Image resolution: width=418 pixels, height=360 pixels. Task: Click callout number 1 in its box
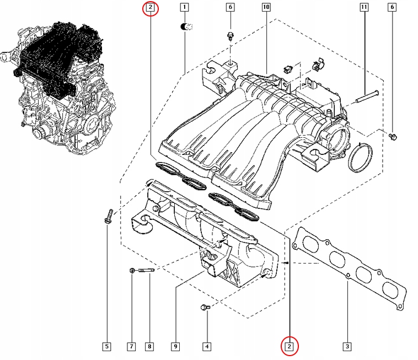pyautogui.click(x=184, y=8)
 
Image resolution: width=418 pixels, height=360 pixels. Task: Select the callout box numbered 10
pyautogui.click(x=266, y=8)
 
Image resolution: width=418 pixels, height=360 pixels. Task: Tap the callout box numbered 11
pyautogui.click(x=363, y=8)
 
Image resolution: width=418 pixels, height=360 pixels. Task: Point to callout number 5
pyautogui.click(x=107, y=347)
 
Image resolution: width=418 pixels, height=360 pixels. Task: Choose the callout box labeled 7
pyautogui.click(x=132, y=347)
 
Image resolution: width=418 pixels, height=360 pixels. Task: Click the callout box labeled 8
pyautogui.click(x=149, y=347)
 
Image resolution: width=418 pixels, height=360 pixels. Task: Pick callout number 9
pyautogui.click(x=175, y=347)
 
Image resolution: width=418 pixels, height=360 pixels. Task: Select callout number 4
pyautogui.click(x=206, y=347)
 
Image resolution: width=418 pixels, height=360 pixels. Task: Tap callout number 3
pyautogui.click(x=347, y=347)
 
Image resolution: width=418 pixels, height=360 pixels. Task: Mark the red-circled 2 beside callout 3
pyautogui.click(x=289, y=346)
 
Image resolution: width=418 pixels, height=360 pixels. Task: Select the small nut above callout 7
pyautogui.click(x=132, y=270)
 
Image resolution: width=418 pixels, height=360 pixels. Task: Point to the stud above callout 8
pyautogui.click(x=146, y=270)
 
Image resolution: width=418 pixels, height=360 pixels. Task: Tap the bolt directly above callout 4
pyautogui.click(x=205, y=308)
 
